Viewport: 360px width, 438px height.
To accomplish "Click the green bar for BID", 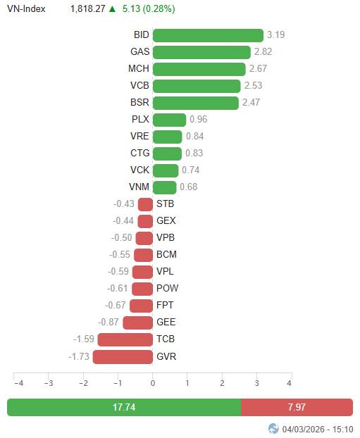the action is coord(208,35).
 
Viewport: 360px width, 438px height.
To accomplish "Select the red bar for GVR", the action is coord(123,357).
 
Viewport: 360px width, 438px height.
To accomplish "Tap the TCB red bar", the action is coord(125,339).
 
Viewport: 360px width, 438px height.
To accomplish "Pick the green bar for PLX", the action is coord(169,120).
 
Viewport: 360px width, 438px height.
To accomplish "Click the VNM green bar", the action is coord(165,187).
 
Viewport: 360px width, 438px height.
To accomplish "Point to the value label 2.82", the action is coord(263,51).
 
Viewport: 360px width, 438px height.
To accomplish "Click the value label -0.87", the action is coord(108,322).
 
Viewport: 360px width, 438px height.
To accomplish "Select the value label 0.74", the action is coord(191,170).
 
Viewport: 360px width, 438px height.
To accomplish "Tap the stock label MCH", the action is coord(139,68).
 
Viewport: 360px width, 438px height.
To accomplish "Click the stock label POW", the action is coord(168,288).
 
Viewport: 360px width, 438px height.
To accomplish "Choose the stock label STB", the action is coord(165,204).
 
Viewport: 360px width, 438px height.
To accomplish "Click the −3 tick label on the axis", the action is coord(49,383).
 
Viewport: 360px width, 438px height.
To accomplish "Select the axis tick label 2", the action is coord(222,383).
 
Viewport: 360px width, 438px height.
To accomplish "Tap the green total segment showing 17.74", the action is coord(124,407).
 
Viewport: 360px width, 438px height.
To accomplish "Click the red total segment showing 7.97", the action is coord(297,407).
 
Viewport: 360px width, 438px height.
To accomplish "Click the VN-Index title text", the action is coord(26,8).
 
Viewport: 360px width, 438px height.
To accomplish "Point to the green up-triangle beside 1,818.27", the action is coord(112,9).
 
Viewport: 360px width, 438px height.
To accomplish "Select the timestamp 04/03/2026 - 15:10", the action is coord(318,429).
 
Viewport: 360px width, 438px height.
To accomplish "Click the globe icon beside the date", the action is coord(273,429).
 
